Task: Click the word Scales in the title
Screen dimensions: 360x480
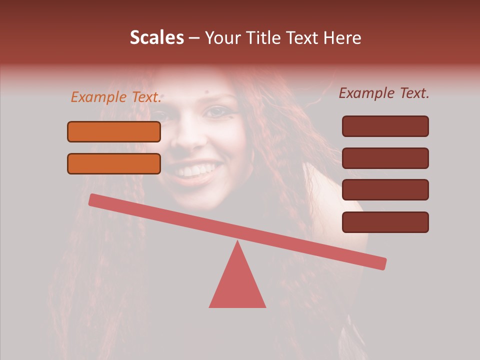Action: point(157,37)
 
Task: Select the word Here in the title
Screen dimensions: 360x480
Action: point(342,37)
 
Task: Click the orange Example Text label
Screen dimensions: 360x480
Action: point(116,97)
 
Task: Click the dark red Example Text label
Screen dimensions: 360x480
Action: point(384,93)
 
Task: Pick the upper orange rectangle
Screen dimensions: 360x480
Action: point(114,131)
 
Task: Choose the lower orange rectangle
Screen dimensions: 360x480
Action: point(114,163)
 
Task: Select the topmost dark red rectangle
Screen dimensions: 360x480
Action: point(385,126)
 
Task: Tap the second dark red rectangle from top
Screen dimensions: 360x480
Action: point(385,158)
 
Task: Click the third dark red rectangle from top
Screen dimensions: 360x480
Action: point(385,190)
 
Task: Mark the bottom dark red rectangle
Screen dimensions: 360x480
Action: point(385,222)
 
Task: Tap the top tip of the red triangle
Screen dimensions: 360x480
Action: point(237,242)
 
